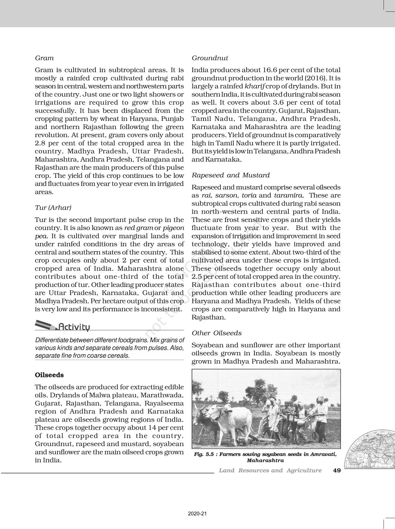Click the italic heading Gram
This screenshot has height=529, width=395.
(44, 58)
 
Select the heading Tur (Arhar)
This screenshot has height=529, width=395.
(53, 208)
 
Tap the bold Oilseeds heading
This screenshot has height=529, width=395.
(49, 375)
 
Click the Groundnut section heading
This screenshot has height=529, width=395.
(210, 58)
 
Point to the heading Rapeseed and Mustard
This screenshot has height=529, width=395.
(231, 175)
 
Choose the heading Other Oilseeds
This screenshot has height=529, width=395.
(217, 333)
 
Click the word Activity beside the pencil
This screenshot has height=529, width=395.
(74, 327)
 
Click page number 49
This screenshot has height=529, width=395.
(337, 470)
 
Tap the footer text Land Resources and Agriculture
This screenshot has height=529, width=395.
(270, 470)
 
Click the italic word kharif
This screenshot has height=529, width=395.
(254, 86)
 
